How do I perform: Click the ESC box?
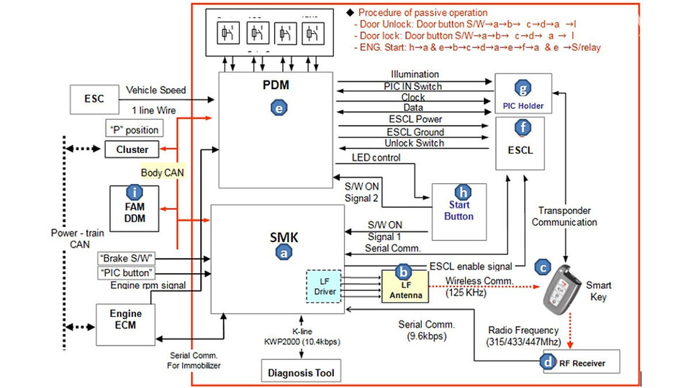pyautogui.click(x=94, y=98)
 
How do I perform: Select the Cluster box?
pyautogui.click(x=132, y=149)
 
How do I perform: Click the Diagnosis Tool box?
pyautogui.click(x=301, y=372)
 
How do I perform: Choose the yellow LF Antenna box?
pyautogui.click(x=405, y=285)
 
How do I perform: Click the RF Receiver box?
pyautogui.click(x=583, y=363)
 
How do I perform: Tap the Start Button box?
pyautogui.click(x=459, y=211)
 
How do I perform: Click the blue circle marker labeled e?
pyautogui.click(x=279, y=108)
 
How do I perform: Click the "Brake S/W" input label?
pyautogui.click(x=126, y=257)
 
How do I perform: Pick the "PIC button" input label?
pyautogui.click(x=126, y=273)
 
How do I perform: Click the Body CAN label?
pyautogui.click(x=161, y=173)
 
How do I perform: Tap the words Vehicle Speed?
pyautogui.click(x=155, y=91)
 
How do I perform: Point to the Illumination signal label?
pyautogui.click(x=415, y=74)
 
